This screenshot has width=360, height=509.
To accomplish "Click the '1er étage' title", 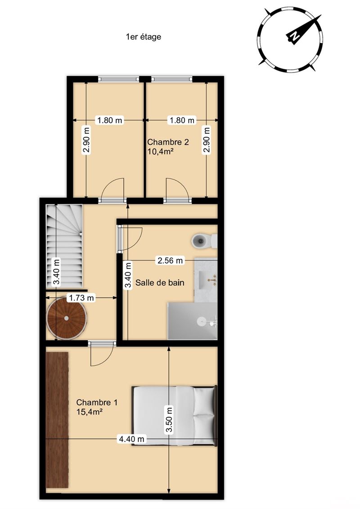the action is (144, 37).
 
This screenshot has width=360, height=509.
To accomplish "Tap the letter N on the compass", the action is (294, 36).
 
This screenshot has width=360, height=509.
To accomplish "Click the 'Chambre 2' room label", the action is (168, 142).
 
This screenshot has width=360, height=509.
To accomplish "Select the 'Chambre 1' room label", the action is (97, 402).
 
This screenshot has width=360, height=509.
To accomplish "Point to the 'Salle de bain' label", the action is (160, 283).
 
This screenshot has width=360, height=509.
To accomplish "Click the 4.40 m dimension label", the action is (131, 439).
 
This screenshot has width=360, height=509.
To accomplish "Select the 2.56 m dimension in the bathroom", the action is (170, 260).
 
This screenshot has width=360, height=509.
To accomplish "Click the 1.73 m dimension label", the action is (81, 297).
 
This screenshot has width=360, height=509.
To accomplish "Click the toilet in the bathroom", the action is (204, 240).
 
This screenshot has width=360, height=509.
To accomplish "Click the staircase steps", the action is (64, 245).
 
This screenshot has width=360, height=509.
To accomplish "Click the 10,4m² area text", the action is (159, 151).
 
